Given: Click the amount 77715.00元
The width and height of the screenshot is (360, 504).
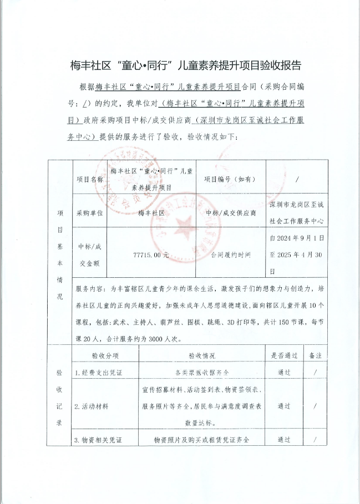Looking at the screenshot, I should point(151,255).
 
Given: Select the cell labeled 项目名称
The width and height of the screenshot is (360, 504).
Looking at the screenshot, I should point(89,180).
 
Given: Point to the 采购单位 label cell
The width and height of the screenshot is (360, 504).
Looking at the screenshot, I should point(89,213).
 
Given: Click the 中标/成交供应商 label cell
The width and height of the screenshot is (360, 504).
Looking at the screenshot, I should point(230,213).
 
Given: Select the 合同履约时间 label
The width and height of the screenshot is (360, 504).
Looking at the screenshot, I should point(230,255).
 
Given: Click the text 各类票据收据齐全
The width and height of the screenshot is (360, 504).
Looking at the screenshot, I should point(201,372).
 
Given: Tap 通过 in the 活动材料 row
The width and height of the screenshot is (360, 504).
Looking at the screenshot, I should point(284,406).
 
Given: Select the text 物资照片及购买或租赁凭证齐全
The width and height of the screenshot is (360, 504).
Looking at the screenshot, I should point(201,440).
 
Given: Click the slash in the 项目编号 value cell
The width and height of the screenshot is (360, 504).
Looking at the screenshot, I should point(298,180).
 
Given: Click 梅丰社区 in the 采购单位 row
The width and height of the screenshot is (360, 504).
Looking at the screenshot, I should point(151,213).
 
